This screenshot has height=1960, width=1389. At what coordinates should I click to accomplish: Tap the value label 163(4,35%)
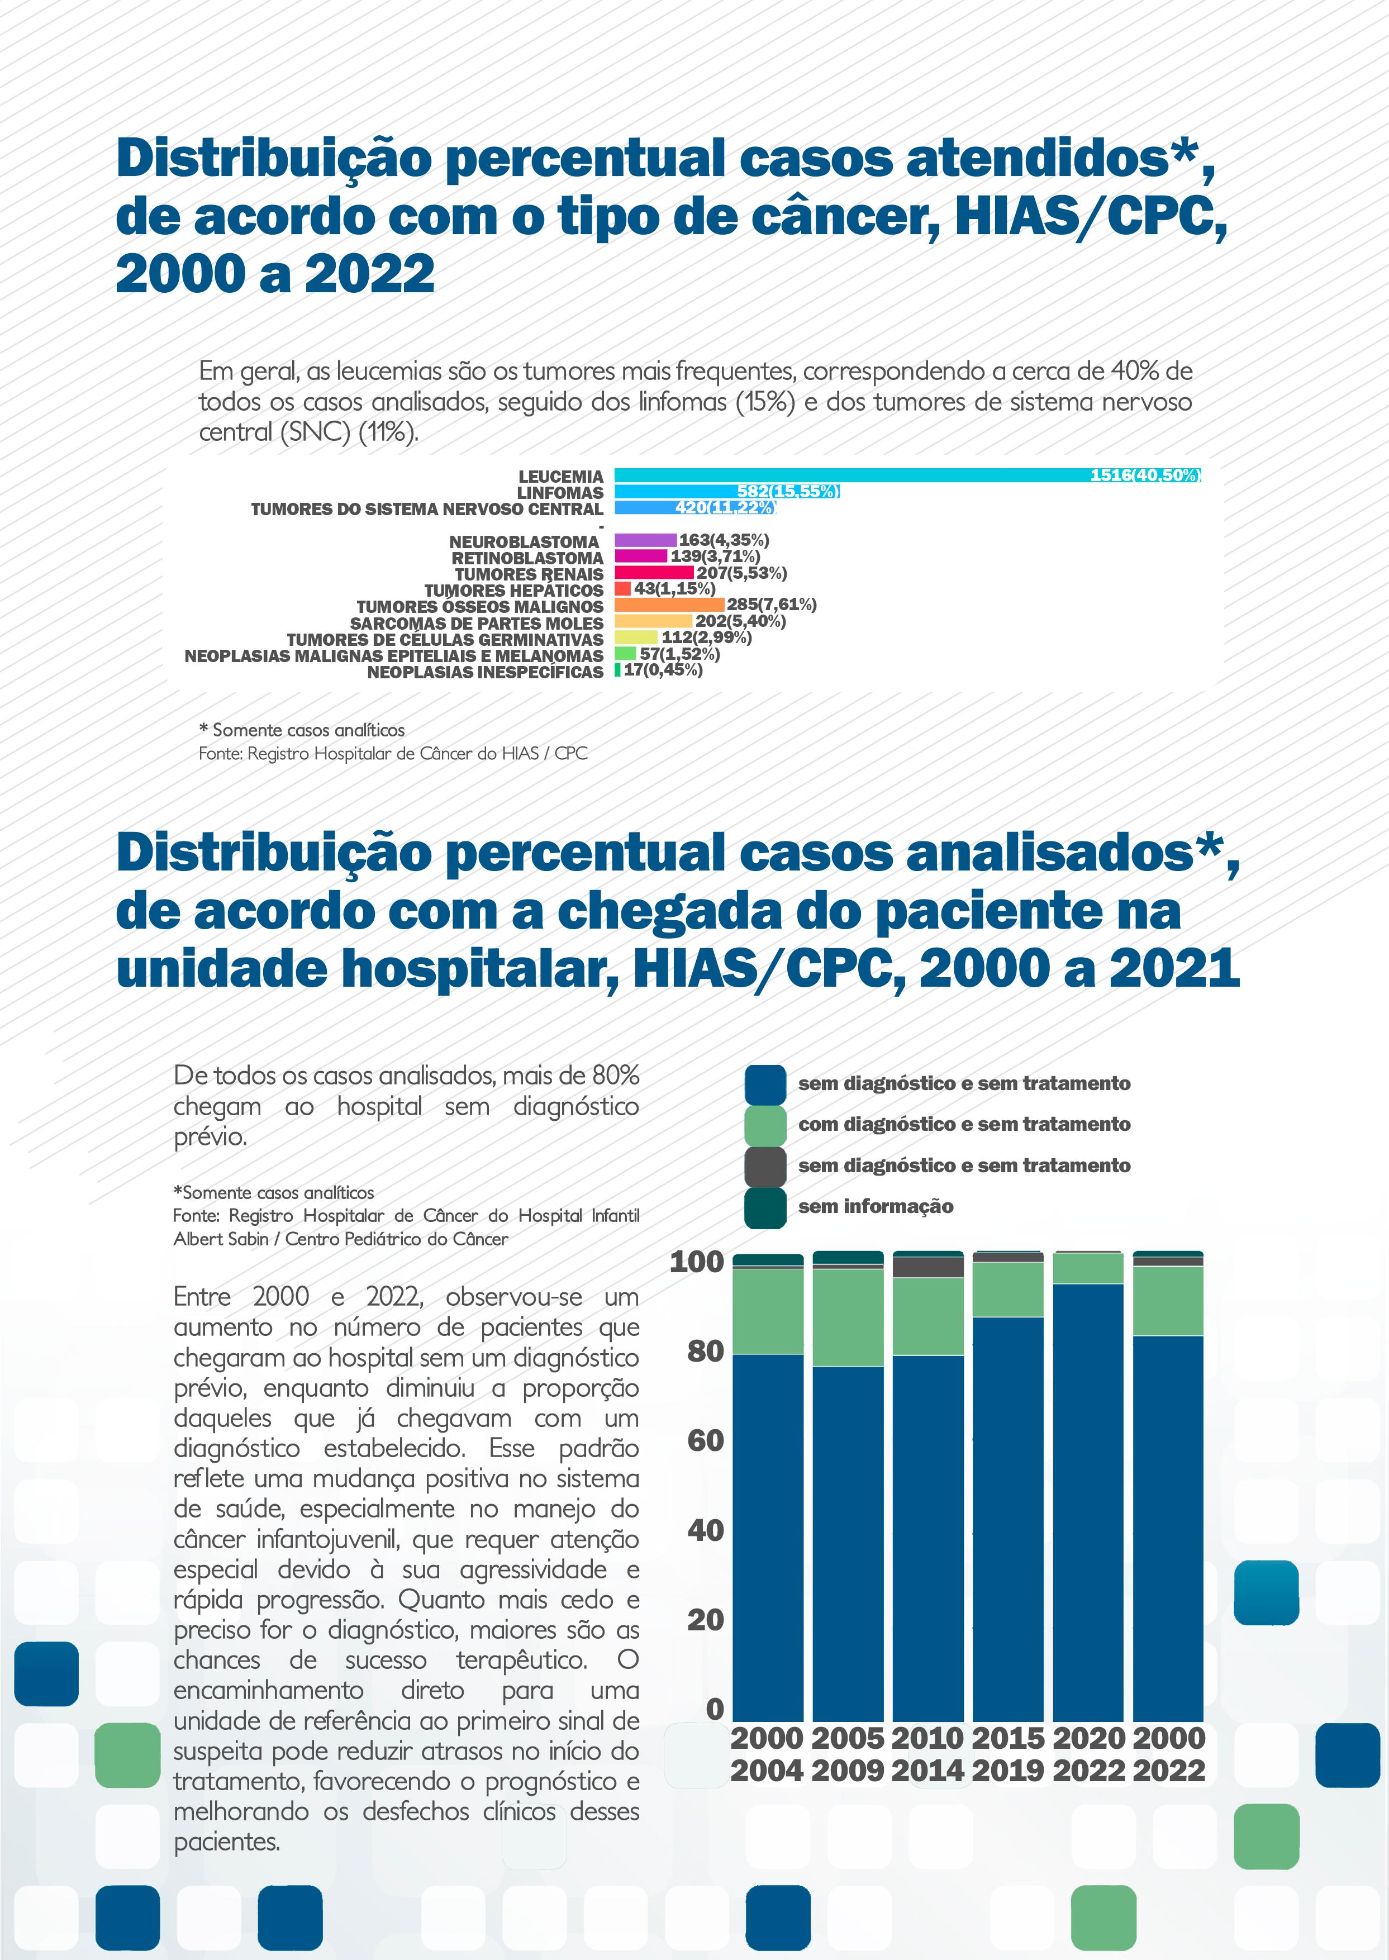724,540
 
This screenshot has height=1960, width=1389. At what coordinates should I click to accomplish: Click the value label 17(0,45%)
663,670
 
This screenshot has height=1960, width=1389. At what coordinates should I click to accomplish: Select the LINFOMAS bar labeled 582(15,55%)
727,492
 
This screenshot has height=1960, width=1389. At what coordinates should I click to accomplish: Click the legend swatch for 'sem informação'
765,1207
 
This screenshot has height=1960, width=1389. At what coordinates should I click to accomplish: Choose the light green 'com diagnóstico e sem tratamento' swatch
765,1125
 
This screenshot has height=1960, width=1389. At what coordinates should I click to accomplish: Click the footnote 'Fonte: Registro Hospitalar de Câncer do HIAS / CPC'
393,753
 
